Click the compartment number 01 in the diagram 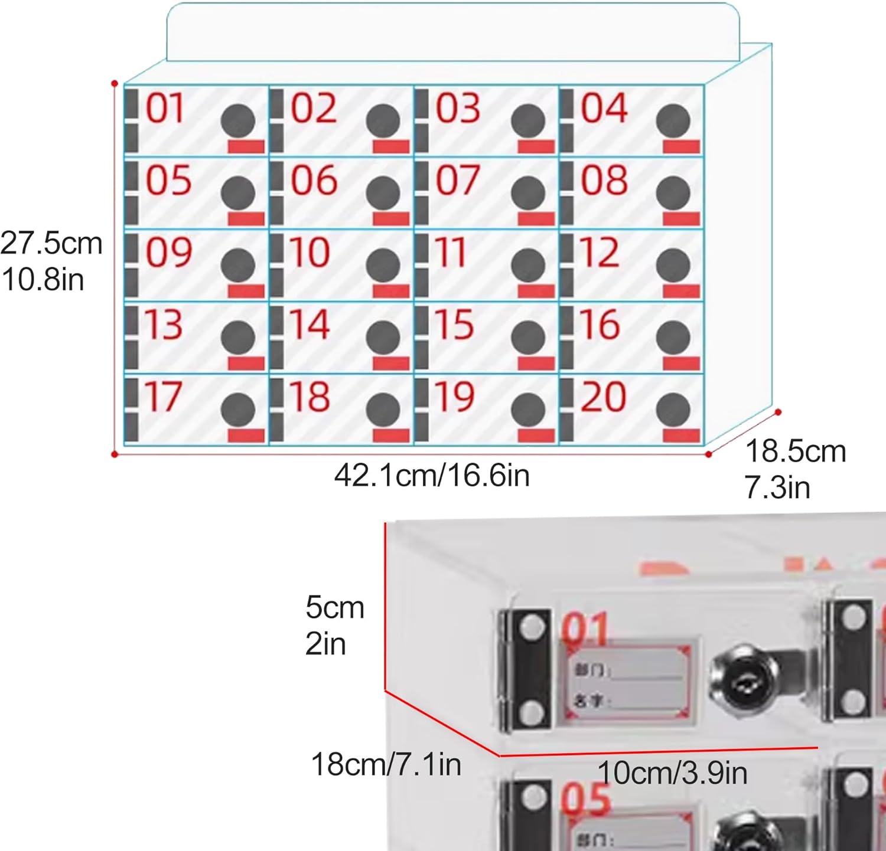pos(165,109)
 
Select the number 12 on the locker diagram pos(600,253)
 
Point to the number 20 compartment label pos(603,397)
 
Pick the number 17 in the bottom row pos(163,397)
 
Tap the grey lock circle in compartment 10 pos(383,265)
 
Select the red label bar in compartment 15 pos(536,363)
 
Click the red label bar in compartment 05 pos(246,218)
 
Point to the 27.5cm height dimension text pos(51,244)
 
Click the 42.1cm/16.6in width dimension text pos(432,475)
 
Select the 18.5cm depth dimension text pos(795,452)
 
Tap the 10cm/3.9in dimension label pos(672,773)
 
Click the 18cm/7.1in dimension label pos(386,765)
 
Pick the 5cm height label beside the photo pos(334,608)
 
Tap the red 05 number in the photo pos(585,800)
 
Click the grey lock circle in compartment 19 pos(528,410)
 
